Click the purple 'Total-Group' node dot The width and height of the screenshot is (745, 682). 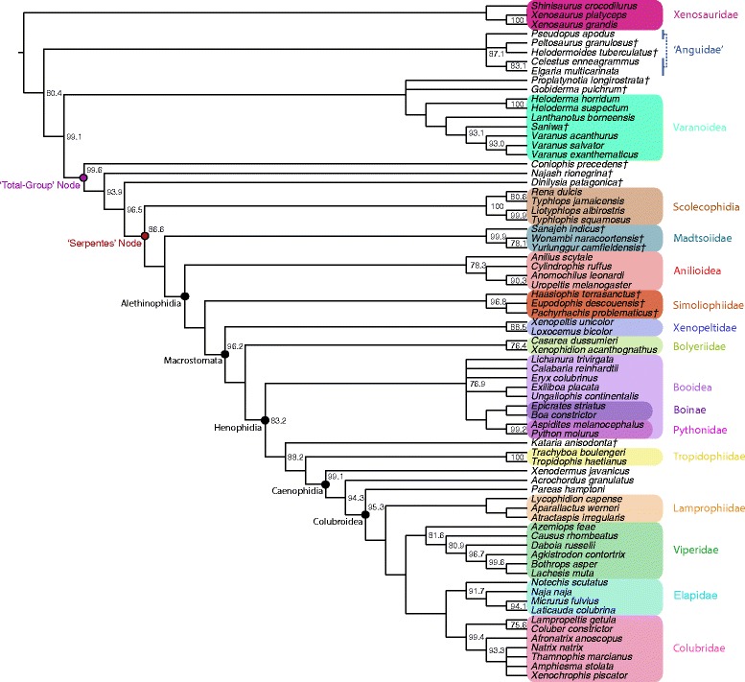[x=84, y=178]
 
